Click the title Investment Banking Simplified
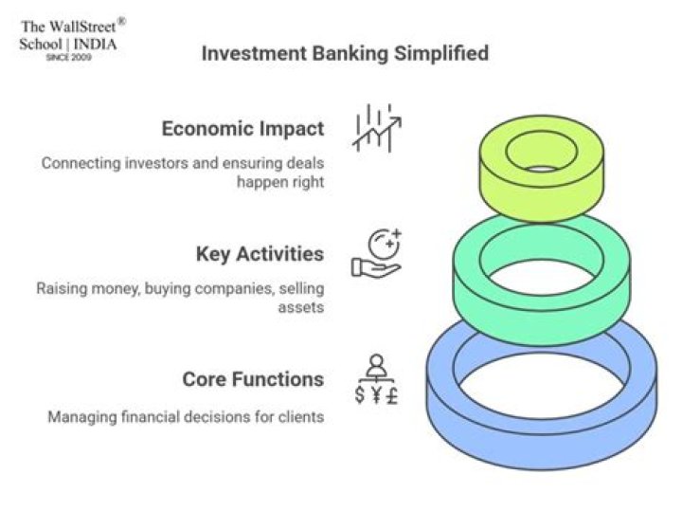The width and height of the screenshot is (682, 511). coord(345,53)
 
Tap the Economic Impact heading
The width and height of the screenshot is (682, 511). coord(242,129)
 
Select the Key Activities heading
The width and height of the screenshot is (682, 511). coord(260,254)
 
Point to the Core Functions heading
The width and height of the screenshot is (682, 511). coord(253,379)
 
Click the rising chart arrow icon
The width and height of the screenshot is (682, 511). coord(377,128)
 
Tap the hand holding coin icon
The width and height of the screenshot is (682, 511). coord(376,253)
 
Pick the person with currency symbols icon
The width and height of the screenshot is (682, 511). coord(377,379)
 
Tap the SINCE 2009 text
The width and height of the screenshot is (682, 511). coord(69,57)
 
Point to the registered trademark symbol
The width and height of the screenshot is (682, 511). coord(122,21)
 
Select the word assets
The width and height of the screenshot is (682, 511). coord(301,307)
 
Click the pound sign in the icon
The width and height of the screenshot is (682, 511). coord(392,395)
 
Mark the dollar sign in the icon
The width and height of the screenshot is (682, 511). coord(360,395)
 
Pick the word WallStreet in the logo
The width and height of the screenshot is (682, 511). coord(82,27)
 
